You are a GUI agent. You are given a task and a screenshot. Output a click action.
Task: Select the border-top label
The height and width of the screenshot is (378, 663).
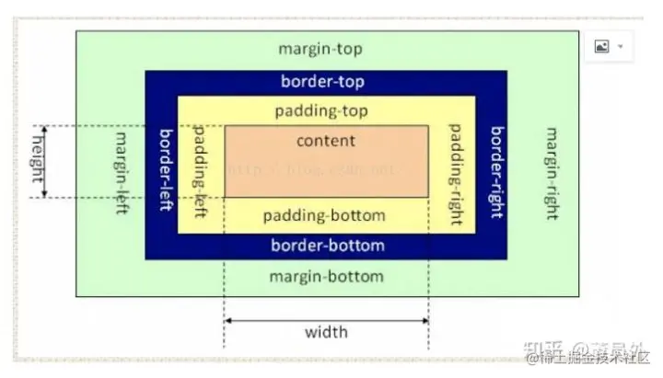tap(322, 82)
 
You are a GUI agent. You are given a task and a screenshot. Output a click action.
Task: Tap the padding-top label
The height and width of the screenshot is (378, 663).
tap(321, 111)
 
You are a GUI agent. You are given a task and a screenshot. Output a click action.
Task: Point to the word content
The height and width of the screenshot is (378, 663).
tap(325, 141)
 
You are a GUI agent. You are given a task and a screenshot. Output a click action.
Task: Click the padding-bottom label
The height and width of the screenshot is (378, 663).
tap(323, 216)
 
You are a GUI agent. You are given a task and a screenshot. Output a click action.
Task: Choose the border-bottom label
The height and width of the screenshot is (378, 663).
tap(328, 246)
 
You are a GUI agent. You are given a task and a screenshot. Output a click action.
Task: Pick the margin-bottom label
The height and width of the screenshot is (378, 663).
tap(326, 276)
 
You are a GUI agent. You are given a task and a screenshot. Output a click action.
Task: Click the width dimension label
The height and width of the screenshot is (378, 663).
tap(326, 331)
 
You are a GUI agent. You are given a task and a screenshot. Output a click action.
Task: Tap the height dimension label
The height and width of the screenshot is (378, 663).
tap(39, 161)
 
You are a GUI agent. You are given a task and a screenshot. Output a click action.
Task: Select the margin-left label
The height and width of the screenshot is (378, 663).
tap(121, 173)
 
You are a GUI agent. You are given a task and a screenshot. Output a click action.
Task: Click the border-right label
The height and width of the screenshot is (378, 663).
tap(496, 172)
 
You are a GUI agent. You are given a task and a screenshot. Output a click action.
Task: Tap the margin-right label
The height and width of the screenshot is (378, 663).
tap(551, 173)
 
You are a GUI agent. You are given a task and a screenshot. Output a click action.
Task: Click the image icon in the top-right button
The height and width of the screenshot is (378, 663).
tap(601, 47)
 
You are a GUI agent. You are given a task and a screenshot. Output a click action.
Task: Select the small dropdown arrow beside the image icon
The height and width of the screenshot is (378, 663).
tap(621, 47)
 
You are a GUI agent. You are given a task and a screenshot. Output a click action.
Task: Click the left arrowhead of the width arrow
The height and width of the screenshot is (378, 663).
tap(229, 320)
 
